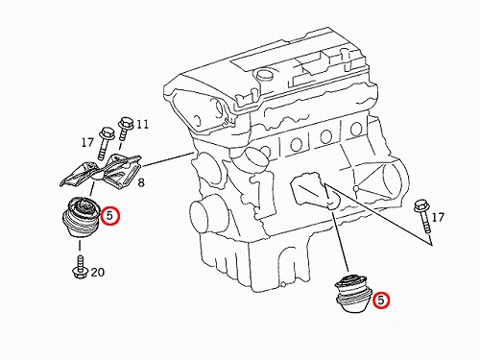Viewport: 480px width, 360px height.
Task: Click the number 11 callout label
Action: (142, 124)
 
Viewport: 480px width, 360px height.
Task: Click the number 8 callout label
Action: (141, 182)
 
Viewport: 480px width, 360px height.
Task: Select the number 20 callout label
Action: (98, 272)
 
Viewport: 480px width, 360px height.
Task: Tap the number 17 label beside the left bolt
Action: (87, 142)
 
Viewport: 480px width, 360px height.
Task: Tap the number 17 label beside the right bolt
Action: (438, 218)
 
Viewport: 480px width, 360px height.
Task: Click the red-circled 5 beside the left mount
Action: (109, 216)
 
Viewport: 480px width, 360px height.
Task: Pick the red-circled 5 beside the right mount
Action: (380, 300)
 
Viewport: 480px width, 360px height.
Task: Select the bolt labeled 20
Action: (80, 267)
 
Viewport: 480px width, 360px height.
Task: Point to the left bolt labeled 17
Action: (105, 143)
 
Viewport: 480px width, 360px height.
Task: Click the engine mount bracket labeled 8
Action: (101, 172)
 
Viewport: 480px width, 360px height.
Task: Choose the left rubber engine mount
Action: (82, 216)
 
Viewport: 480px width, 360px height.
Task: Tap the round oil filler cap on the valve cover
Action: (263, 76)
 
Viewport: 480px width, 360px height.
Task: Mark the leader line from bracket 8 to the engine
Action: (167, 160)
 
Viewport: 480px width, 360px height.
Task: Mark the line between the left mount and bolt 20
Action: (80, 245)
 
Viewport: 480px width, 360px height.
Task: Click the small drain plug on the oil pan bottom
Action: (282, 284)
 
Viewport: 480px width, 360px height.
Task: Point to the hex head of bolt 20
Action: (79, 274)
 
